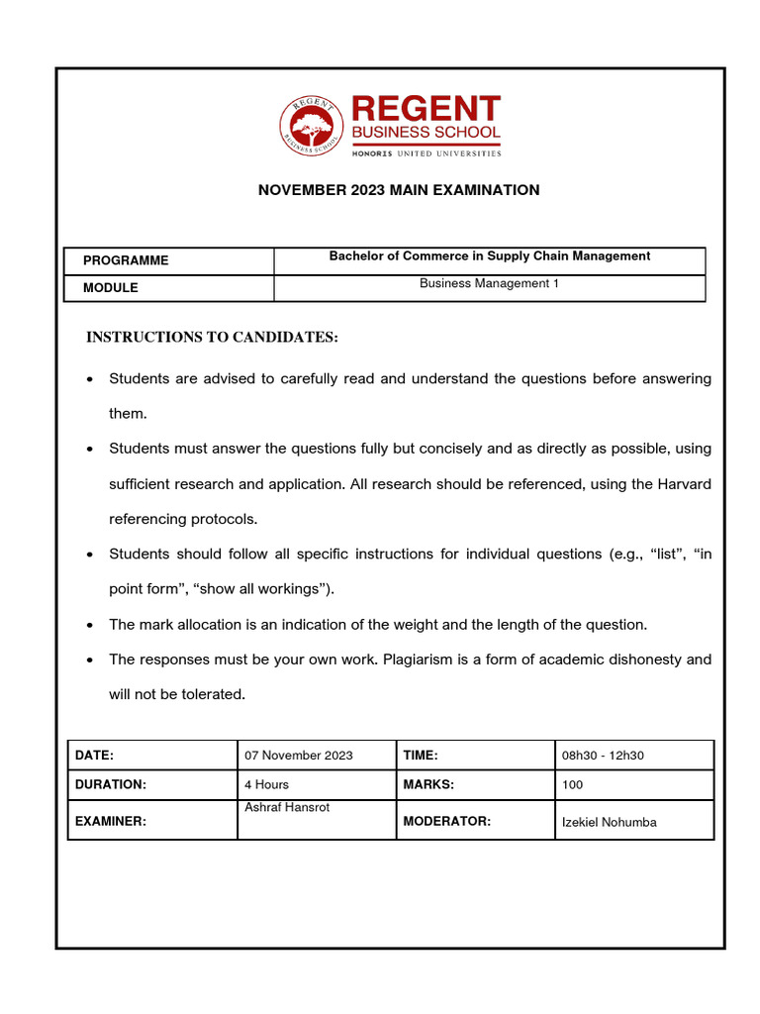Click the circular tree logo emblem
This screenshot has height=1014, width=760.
pyautogui.click(x=313, y=127)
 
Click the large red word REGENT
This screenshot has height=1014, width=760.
pyautogui.click(x=426, y=109)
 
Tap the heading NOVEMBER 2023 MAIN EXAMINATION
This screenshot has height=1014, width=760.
pyautogui.click(x=399, y=190)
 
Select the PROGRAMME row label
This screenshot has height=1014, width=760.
pyautogui.click(x=126, y=260)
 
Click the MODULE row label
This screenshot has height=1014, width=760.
pyautogui.click(x=111, y=288)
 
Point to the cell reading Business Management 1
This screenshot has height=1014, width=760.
pyautogui.click(x=489, y=283)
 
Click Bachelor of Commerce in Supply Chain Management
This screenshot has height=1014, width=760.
pyautogui.click(x=489, y=256)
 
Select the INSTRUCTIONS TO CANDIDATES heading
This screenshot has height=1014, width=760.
pyautogui.click(x=212, y=338)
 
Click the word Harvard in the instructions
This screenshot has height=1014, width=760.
pyautogui.click(x=683, y=483)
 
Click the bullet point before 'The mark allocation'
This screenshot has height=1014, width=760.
pyautogui.click(x=90, y=625)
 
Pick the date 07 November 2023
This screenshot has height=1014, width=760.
pyautogui.click(x=298, y=756)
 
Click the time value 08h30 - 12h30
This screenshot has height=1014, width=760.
pyautogui.click(x=603, y=756)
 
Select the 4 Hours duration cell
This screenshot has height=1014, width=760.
pyautogui.click(x=267, y=784)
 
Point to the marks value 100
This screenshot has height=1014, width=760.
pyautogui.click(x=572, y=784)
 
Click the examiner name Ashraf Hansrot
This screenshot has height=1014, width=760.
pyautogui.click(x=287, y=808)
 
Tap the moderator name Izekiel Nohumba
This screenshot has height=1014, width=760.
pyautogui.click(x=609, y=822)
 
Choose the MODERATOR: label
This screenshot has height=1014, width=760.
pyautogui.click(x=446, y=821)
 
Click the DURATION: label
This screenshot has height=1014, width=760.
pyautogui.click(x=111, y=784)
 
